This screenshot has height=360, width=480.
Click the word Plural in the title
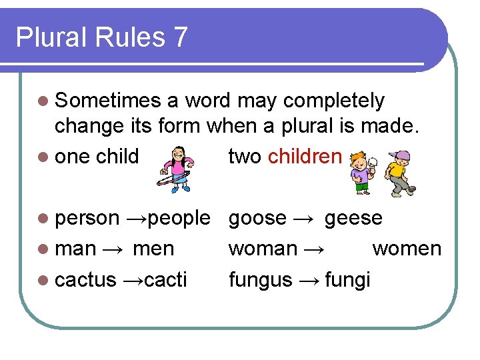click(x=47, y=37)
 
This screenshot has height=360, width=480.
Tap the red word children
click(x=305, y=157)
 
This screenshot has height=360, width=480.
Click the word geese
click(x=353, y=218)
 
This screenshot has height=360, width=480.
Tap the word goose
click(x=257, y=218)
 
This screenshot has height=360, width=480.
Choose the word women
click(x=407, y=249)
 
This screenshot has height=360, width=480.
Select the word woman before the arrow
click(x=263, y=249)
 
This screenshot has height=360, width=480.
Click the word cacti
click(x=165, y=279)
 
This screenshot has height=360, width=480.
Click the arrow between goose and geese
click(x=303, y=218)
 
